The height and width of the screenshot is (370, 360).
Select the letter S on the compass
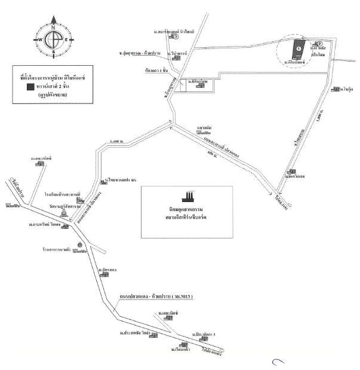[53, 53]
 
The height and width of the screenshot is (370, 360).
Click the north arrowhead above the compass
[53, 20]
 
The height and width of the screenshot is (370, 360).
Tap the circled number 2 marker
[320, 43]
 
